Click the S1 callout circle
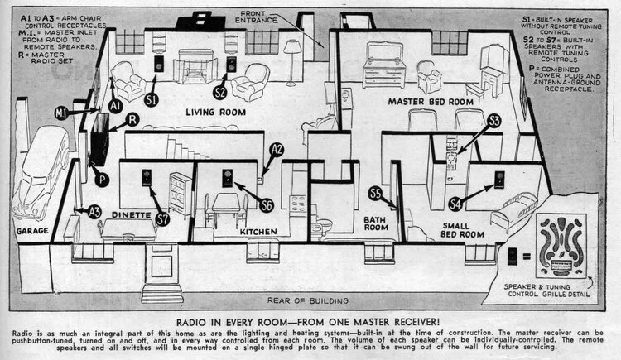[152, 98]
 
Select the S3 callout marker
[494, 121]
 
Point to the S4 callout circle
[455, 204]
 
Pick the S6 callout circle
[266, 204]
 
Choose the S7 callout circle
[162, 219]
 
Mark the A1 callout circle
[116, 105]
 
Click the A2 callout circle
[277, 149]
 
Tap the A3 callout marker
[94, 212]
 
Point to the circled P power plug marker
[102, 180]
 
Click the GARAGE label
[32, 232]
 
